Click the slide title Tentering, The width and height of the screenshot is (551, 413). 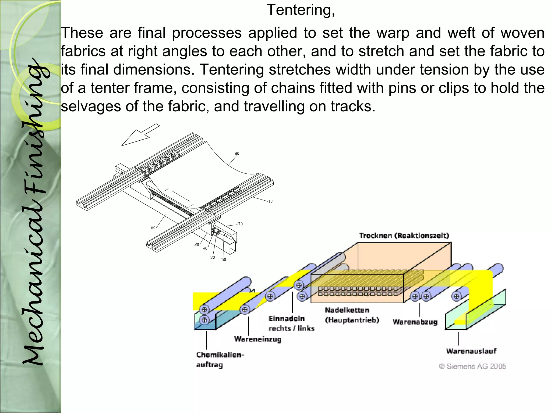point(301,10)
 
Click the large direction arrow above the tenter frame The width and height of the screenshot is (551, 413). point(140,135)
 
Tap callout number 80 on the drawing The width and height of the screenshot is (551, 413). point(237,154)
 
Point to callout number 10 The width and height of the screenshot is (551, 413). point(270,201)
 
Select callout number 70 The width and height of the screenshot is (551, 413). point(240,224)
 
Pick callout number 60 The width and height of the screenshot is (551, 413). point(153,228)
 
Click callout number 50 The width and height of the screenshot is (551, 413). point(224,260)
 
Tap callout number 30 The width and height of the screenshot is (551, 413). point(213,257)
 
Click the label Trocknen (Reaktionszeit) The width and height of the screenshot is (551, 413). point(404,236)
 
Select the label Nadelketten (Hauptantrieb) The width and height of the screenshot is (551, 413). point(352,315)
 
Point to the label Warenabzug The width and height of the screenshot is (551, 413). point(415,322)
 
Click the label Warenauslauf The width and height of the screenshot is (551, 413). point(471,351)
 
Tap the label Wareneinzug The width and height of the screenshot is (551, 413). point(257,339)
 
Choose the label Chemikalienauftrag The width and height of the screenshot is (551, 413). point(220,360)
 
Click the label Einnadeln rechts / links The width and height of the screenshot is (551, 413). point(291,323)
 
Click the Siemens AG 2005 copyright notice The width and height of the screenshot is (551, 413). point(472,366)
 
